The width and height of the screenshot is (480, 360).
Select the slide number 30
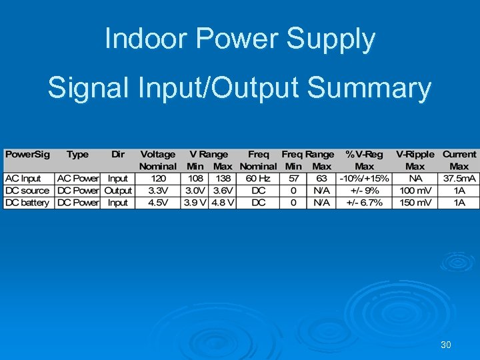(x=446, y=345)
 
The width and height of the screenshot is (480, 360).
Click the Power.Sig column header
(x=27, y=155)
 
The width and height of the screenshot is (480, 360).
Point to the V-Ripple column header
(x=415, y=155)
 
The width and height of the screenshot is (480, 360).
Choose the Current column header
(x=459, y=155)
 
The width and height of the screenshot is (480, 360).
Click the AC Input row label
(x=23, y=179)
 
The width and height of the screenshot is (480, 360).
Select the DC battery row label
(x=27, y=203)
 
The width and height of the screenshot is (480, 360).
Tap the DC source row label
(x=27, y=191)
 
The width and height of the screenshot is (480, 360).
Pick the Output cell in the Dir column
(x=118, y=191)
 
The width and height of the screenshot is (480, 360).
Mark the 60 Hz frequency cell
(x=258, y=179)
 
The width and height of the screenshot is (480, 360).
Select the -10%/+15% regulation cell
(x=364, y=179)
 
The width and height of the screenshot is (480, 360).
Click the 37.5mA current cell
(x=459, y=179)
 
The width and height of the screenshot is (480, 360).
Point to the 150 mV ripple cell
(x=415, y=203)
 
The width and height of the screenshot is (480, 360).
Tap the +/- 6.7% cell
(x=364, y=203)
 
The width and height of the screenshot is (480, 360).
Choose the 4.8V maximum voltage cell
(x=223, y=203)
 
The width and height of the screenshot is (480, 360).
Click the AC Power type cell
(x=78, y=179)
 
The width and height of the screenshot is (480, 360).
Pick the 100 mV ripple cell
(x=415, y=191)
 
